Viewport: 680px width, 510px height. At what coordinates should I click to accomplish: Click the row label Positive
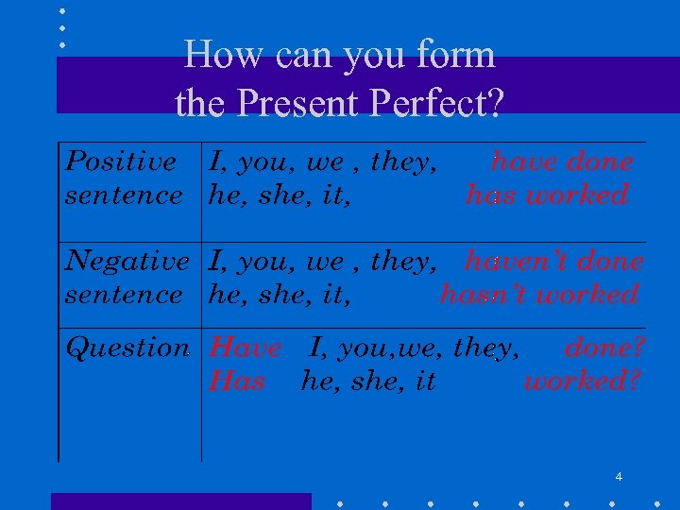point(120,161)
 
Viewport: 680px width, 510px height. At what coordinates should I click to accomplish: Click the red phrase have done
point(562,161)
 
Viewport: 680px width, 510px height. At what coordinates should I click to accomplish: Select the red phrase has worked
point(547,195)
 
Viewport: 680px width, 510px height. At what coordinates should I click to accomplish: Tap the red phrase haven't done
point(554,261)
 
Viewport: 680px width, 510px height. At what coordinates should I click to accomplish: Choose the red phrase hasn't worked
point(539,295)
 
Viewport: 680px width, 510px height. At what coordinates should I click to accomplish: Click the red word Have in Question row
point(245,348)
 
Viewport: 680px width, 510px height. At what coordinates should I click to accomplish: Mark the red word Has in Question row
point(237,382)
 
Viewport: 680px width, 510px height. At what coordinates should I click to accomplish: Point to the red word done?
point(605,348)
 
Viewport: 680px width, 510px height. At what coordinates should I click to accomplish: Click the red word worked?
point(583,382)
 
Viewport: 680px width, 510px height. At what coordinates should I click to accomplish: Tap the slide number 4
point(619,477)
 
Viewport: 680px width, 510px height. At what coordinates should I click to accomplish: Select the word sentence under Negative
point(123,295)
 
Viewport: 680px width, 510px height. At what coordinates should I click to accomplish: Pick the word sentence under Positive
point(123,195)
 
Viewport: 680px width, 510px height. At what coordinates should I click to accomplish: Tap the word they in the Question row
point(485,348)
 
